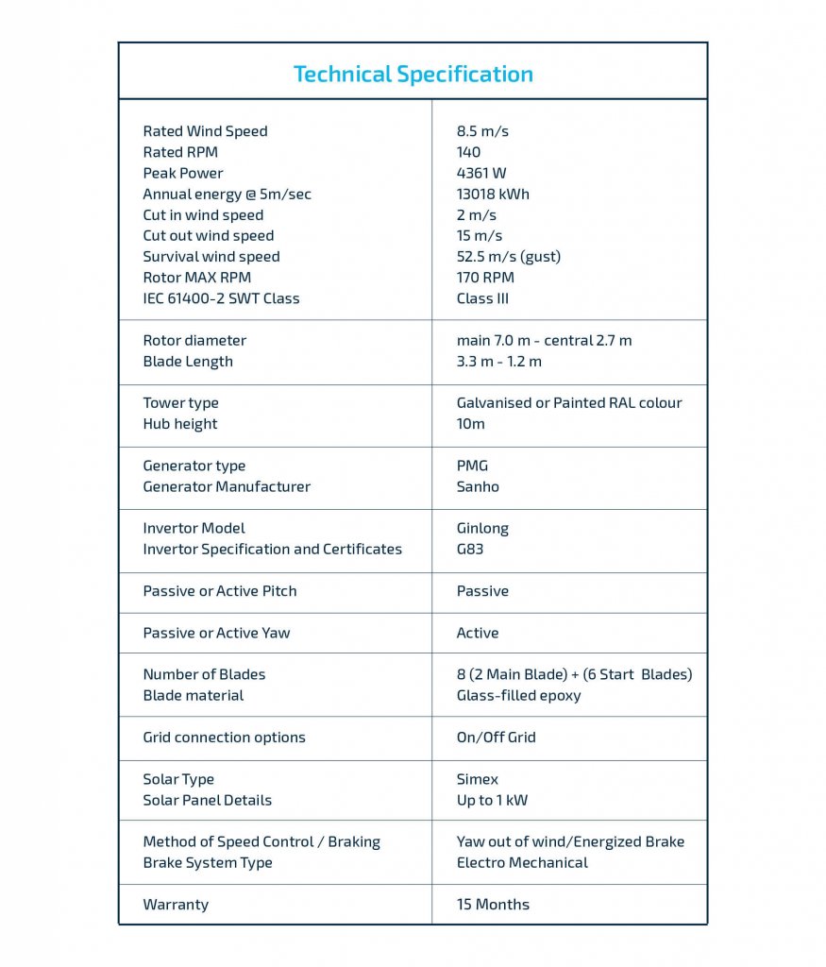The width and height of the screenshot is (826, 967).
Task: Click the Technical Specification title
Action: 413,75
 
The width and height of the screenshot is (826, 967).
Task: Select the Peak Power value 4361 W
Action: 481,174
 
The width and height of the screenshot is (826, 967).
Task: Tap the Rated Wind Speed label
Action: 205,131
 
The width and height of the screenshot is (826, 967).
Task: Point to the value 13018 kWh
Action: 493,195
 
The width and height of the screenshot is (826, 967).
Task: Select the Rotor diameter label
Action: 194,341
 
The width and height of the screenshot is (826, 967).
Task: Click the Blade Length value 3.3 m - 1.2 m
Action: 498,362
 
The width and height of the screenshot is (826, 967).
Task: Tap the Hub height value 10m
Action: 470,424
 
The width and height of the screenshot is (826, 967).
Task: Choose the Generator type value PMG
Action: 472,466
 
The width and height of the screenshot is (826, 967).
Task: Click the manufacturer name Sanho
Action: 478,487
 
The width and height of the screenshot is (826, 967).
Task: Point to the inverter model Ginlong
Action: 482,529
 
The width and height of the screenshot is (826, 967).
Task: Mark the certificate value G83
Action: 470,550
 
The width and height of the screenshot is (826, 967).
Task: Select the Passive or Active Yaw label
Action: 216,633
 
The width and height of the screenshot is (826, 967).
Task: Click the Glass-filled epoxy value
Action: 518,696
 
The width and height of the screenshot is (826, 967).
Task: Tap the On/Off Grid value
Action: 496,738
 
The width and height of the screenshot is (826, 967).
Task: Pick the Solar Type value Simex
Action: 477,779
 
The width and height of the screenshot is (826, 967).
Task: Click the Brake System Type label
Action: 208,863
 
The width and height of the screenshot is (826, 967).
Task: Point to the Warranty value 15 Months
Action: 493,905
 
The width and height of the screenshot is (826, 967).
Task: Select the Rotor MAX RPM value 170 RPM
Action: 485,278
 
